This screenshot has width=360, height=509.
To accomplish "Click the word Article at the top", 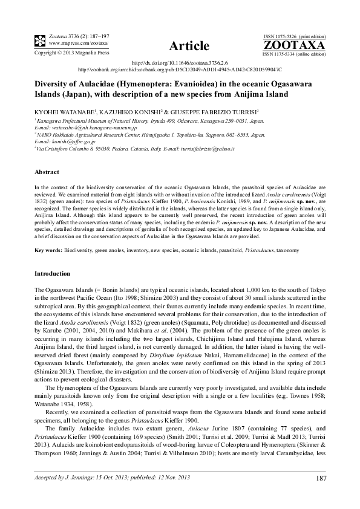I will click(x=189, y=46).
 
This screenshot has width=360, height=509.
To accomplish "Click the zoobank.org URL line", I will click(x=179, y=70).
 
